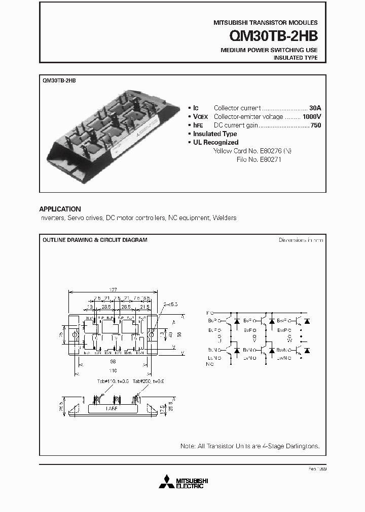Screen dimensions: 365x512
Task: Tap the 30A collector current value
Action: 315,108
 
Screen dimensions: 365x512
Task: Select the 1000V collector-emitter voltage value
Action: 312,116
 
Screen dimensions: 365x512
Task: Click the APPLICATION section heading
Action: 60,209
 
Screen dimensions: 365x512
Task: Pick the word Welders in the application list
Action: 225,218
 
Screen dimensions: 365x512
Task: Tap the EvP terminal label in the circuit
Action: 248,330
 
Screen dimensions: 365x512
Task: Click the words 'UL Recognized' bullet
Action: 215,142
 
